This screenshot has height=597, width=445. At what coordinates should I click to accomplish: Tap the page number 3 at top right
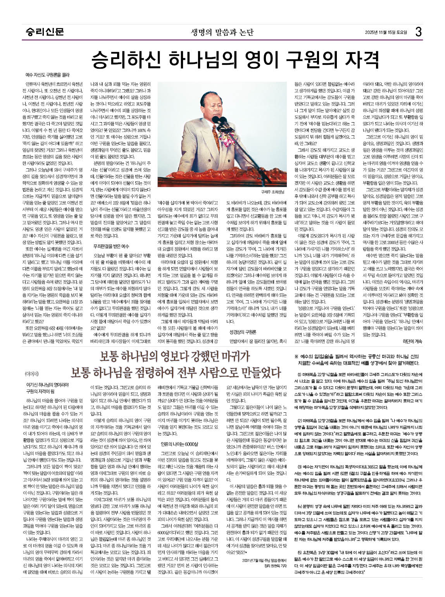418,32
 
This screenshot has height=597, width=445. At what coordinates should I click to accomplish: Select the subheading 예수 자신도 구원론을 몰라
47,75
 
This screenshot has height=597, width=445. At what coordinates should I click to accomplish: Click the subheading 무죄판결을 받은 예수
111,246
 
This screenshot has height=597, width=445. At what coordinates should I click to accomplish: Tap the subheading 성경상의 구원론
243,332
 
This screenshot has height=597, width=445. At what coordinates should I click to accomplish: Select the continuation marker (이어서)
32,374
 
